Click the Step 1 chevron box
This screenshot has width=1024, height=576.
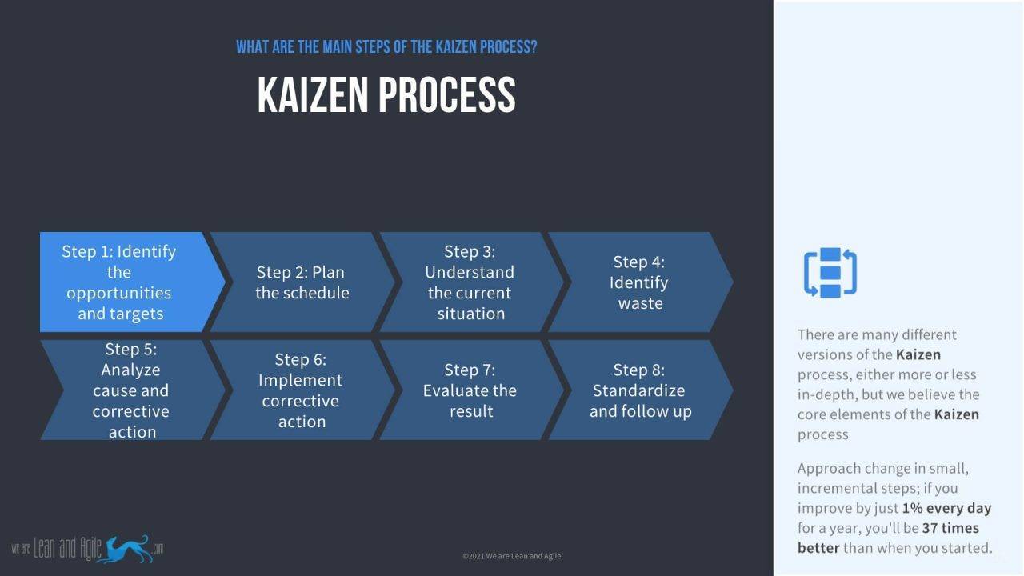pos(120,282)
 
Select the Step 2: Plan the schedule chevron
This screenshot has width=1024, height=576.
pos(302,282)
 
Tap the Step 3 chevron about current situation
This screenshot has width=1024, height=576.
pos(470,282)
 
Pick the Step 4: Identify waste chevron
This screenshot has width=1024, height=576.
pos(640,282)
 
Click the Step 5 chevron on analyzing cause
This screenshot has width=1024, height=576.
pos(130,390)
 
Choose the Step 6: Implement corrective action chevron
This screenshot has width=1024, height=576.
pos(301,390)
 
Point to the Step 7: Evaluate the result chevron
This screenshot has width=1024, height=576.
pos(470,390)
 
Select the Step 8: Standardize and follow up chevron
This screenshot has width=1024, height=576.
pos(640,390)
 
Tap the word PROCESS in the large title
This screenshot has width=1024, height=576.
pos(446,94)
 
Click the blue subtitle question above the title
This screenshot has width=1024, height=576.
pos(386,46)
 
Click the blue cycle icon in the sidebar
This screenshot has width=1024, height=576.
pos(830,273)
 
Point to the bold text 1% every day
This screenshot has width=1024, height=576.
pos(946,508)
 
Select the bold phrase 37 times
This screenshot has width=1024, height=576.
pos(950,528)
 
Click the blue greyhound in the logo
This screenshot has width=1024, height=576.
pos(127,548)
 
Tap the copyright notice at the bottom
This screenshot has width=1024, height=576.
pos(512,556)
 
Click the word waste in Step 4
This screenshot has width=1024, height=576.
pos(640,303)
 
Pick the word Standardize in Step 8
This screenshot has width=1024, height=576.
pos(638,390)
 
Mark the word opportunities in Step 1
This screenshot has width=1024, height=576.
pos(118,293)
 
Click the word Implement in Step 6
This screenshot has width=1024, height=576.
pos(301,380)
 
